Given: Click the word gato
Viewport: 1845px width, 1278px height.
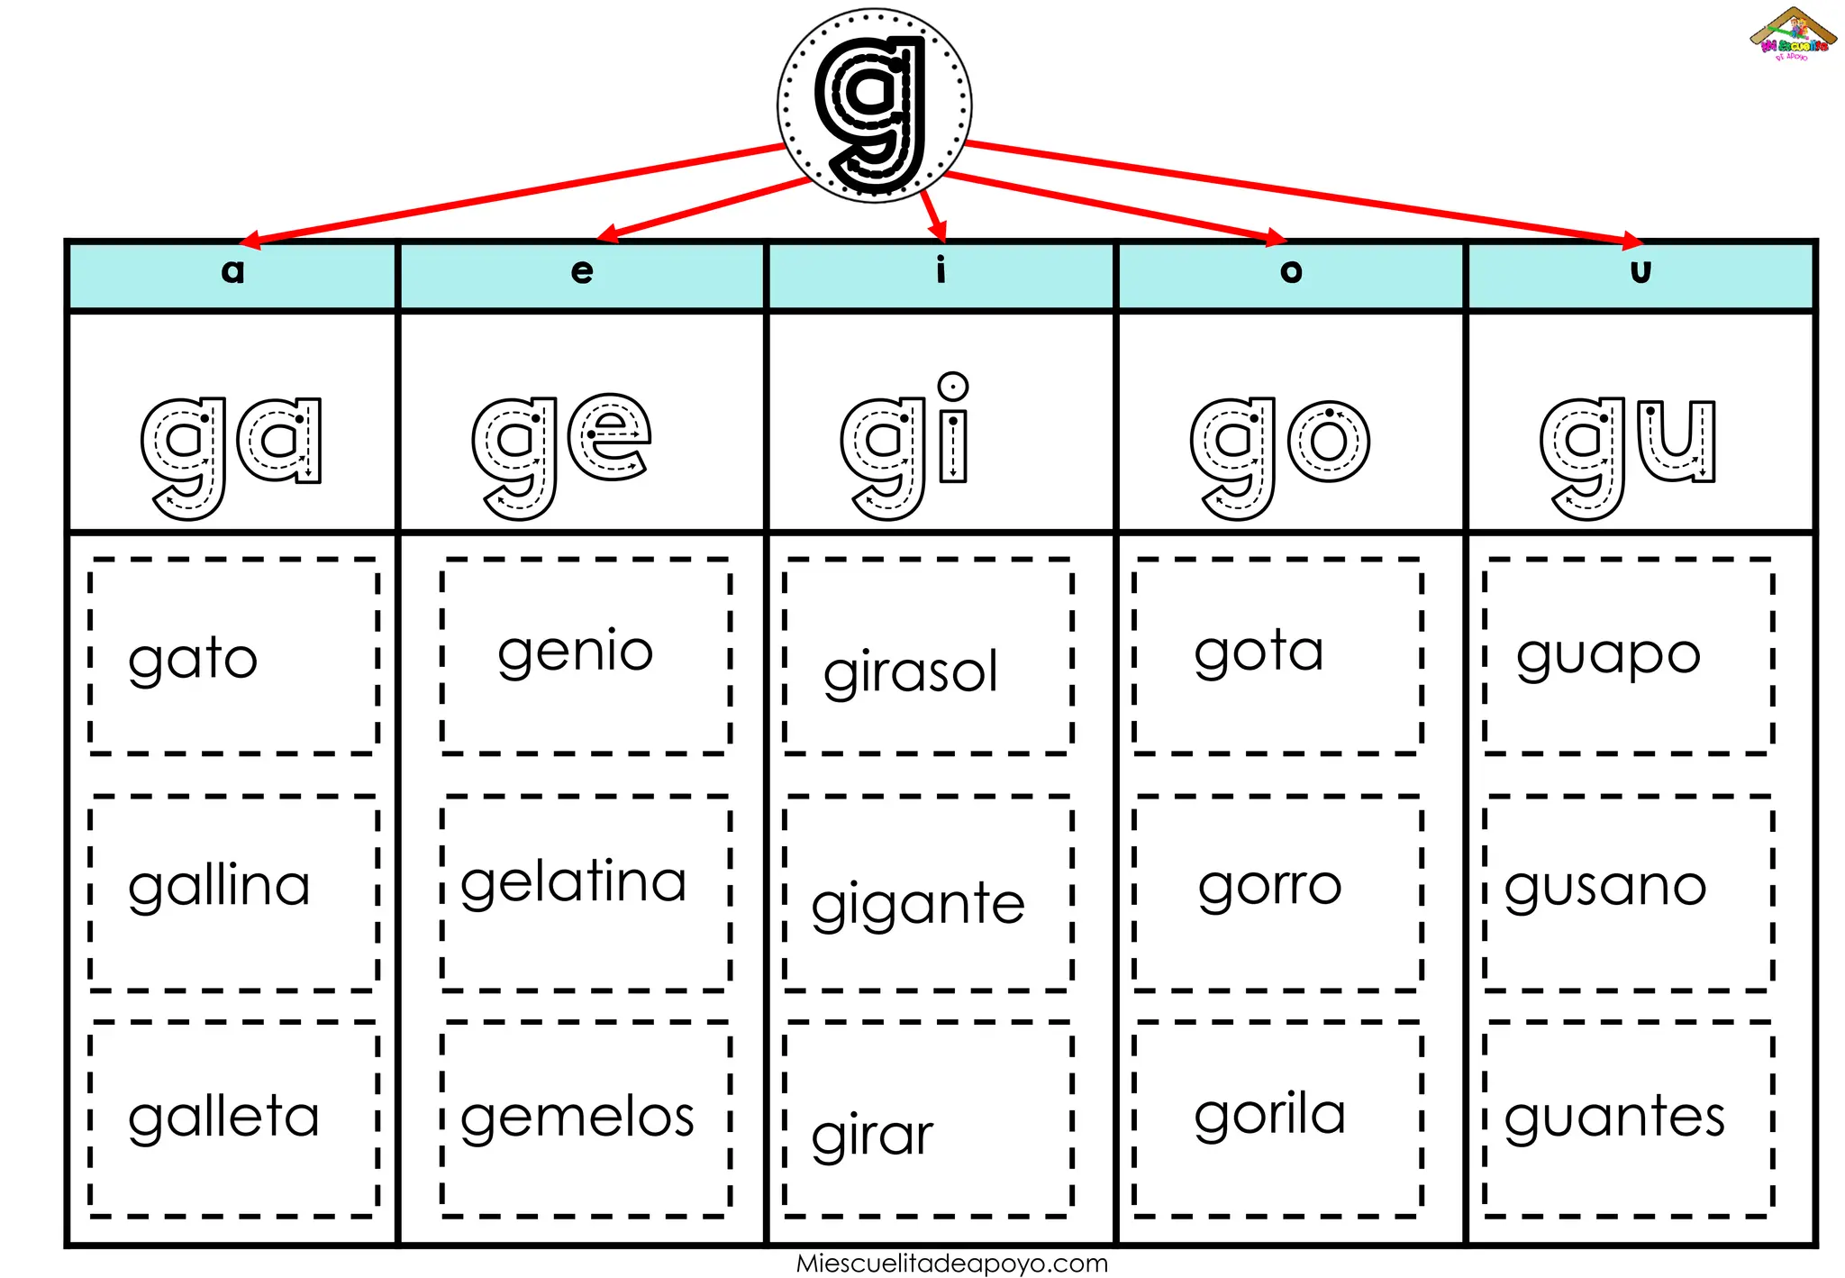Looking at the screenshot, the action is coord(193,660).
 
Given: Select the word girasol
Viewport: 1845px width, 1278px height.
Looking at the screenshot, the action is coord(911,672).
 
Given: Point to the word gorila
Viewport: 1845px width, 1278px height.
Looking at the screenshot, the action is coord(1270,1115).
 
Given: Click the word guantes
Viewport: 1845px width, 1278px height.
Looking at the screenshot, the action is coord(1614,1118).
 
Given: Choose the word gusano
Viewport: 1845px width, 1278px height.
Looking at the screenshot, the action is coord(1605,888).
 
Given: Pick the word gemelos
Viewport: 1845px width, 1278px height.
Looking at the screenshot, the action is coord(577,1118).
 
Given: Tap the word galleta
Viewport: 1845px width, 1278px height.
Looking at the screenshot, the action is coord(223,1118).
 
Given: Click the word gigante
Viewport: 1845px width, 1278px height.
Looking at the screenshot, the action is coord(918,905).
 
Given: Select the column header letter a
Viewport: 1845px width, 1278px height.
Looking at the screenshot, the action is coord(232,270).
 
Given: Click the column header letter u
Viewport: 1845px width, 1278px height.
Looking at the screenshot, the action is coord(1641,270).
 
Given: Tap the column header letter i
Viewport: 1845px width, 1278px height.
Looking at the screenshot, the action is coord(941,269).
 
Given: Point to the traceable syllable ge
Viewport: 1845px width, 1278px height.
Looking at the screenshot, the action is coord(561,455).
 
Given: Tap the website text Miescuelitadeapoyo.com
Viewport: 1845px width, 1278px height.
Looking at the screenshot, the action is coord(952,1264).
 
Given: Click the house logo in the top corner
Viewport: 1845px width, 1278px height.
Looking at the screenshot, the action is coord(1794,34).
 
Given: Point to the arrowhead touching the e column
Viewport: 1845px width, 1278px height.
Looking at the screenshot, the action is coord(608,234).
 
